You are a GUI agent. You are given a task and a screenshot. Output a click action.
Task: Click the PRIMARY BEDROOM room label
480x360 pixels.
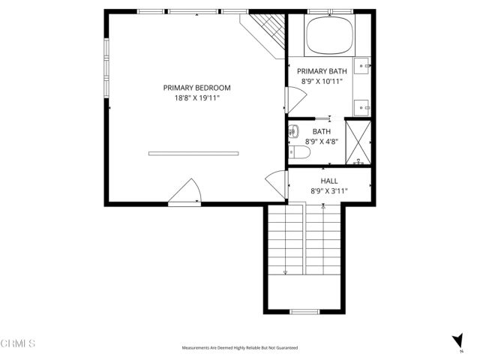click(x=196, y=88)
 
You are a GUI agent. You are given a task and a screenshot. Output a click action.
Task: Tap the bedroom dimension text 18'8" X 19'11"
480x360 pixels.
click(x=196, y=97)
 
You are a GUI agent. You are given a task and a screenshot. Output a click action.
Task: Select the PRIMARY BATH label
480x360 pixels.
click(x=322, y=71)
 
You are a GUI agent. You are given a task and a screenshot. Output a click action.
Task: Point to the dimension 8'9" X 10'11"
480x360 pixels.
click(x=322, y=81)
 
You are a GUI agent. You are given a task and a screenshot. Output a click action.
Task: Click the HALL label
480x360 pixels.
click(x=328, y=181)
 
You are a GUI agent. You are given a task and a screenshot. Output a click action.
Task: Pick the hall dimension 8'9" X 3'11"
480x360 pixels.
click(x=328, y=191)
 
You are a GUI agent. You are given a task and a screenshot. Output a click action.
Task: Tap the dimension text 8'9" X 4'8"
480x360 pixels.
click(x=321, y=141)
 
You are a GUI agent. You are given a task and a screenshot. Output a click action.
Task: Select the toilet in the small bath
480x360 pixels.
click(x=301, y=153)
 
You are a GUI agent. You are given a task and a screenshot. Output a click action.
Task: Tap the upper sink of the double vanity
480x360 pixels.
click(x=364, y=67)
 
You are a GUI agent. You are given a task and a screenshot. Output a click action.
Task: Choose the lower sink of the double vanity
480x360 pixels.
click(x=364, y=107)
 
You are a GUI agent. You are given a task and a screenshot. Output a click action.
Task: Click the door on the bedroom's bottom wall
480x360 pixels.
click(x=184, y=193)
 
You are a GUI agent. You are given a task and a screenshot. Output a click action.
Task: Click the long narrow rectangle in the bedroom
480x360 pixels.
click(x=193, y=153)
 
